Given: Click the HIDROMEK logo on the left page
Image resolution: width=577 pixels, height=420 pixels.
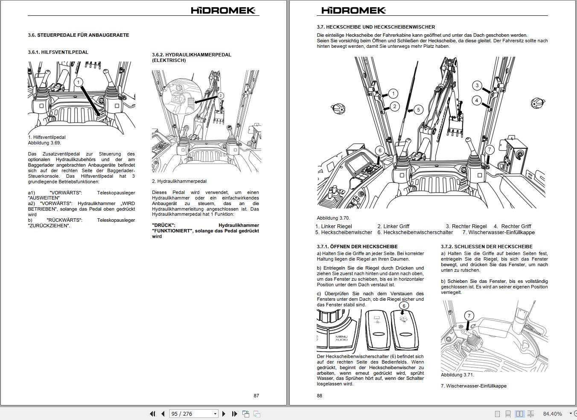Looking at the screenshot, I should tap(223, 11).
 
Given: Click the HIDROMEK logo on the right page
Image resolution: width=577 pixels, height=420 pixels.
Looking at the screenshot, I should tap(353, 11).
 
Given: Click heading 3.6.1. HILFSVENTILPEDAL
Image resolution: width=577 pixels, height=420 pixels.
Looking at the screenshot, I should tap(58, 52).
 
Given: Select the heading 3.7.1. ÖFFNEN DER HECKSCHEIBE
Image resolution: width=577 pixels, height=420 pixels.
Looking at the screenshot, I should tap(357, 247).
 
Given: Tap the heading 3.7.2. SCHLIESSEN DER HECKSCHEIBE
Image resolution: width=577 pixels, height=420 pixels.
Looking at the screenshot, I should tap(486, 247).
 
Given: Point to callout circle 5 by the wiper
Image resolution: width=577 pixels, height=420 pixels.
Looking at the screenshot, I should tap(418, 110).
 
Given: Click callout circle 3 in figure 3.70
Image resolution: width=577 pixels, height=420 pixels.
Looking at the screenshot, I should tap(477, 85).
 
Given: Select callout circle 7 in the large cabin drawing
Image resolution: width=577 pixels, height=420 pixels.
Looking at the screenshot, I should tap(490, 150).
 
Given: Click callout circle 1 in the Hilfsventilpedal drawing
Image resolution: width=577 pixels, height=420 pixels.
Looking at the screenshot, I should tap(78, 82).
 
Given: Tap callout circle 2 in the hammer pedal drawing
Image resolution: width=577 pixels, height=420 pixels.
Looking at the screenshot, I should tap(220, 96).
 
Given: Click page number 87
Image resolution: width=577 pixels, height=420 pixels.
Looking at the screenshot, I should tap(256, 396).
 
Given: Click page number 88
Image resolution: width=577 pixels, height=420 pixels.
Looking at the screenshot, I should tap(320, 396).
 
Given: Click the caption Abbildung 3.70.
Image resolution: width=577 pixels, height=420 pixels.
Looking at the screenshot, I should tap(333, 218).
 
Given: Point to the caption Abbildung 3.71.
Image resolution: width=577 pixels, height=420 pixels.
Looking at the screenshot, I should tap(457, 375).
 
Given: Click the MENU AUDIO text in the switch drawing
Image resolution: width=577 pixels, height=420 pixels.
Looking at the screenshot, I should tap(341, 338).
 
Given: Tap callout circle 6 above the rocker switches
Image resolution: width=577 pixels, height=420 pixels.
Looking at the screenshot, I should tap(404, 305).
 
